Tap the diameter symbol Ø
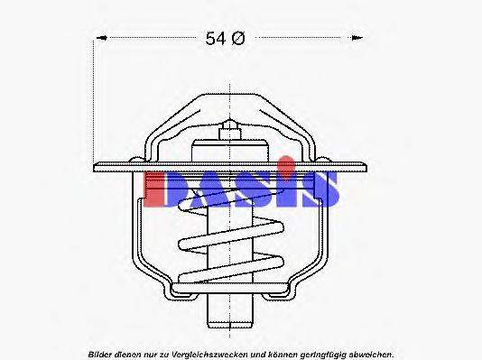pyautogui.click(x=239, y=38)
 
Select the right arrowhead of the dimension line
pyautogui.click(x=359, y=38)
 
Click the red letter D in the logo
pyautogui.click(x=162, y=187)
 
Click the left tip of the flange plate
pyautogui.click(x=95, y=166)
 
